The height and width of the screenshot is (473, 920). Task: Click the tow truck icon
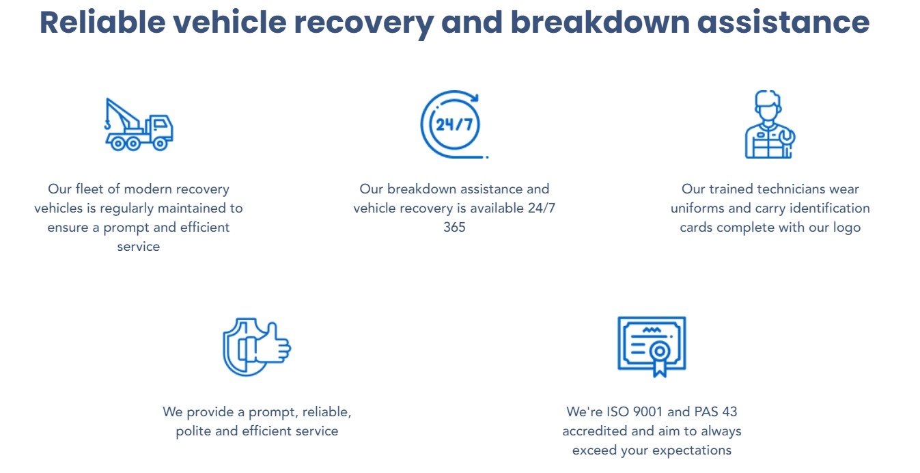(139, 124)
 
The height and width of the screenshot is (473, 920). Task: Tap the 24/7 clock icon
(453, 124)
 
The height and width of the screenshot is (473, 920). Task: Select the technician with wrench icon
(769, 124)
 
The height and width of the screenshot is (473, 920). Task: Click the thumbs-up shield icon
(257, 347)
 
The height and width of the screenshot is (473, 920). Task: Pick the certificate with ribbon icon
(652, 346)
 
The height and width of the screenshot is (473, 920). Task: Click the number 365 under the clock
(454, 227)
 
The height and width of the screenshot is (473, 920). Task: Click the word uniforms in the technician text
(698, 208)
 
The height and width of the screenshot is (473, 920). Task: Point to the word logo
(846, 227)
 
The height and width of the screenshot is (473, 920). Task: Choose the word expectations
(691, 450)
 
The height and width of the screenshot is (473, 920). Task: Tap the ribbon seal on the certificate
(659, 355)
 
